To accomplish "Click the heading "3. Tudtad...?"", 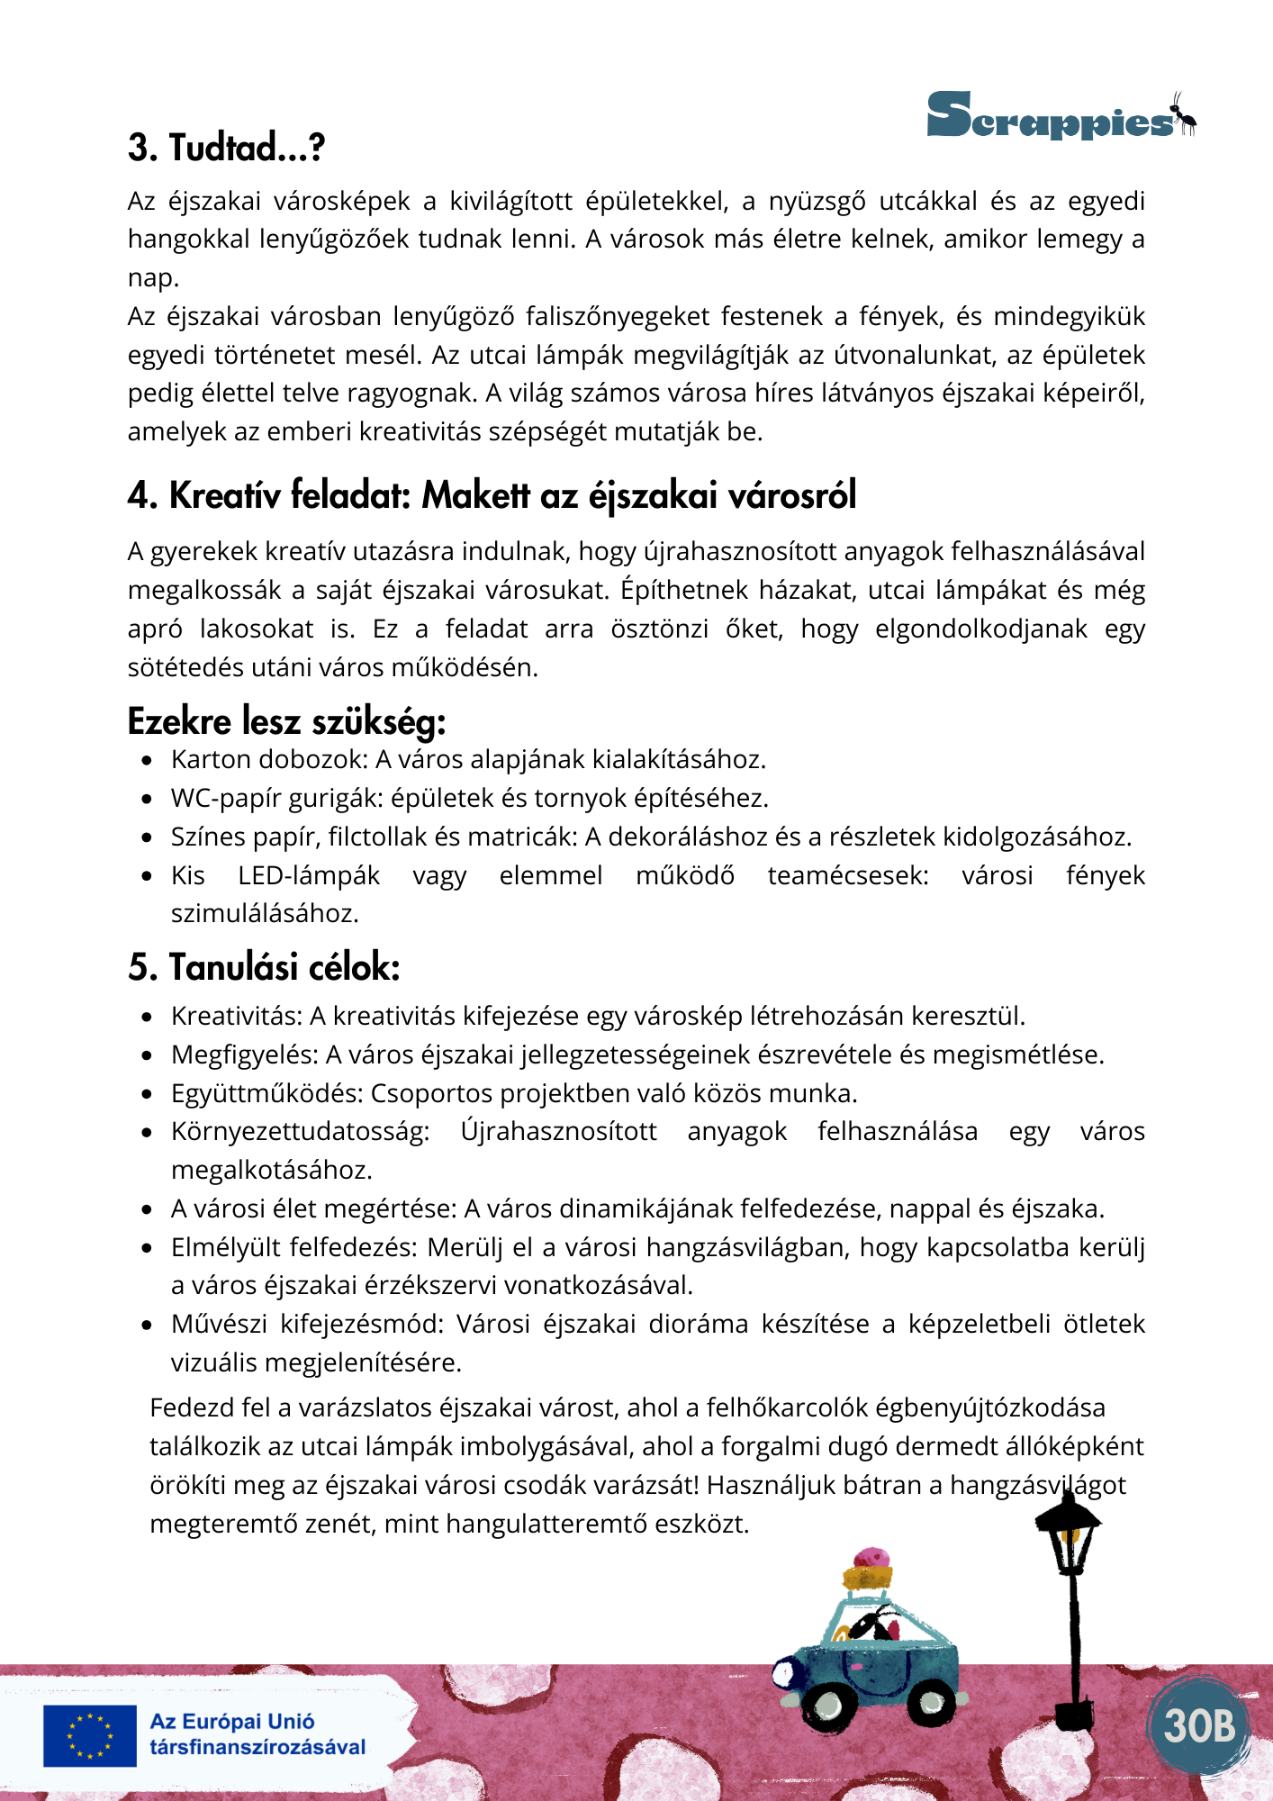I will tap(226, 148).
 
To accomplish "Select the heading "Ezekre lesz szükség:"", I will tap(286, 721).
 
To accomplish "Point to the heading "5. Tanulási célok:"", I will tap(264, 967).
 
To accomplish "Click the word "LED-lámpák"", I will tap(309, 875).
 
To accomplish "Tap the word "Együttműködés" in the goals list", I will tap(266, 1093).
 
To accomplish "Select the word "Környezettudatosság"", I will tap(300, 1132).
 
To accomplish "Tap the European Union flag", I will tap(90, 1735).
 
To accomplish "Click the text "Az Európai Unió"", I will tap(232, 1722).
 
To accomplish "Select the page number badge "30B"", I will tap(1199, 1725).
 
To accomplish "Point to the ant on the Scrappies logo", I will tap(1183, 113).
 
